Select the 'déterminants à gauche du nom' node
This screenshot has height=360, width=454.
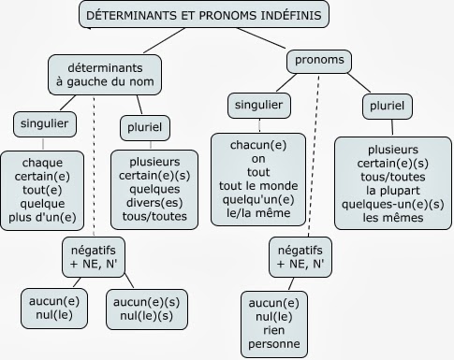(x=104, y=75)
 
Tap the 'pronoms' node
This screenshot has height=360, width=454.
(x=318, y=62)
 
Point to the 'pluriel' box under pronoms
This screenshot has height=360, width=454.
(x=387, y=108)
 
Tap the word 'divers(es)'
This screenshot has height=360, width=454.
(x=154, y=203)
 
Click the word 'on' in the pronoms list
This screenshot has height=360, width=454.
(x=272, y=158)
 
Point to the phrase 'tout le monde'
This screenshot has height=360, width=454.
(x=272, y=185)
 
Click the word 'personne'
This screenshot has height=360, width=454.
(x=275, y=345)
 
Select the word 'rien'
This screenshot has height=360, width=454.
(x=275, y=331)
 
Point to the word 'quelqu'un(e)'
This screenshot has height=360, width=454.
(x=272, y=199)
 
